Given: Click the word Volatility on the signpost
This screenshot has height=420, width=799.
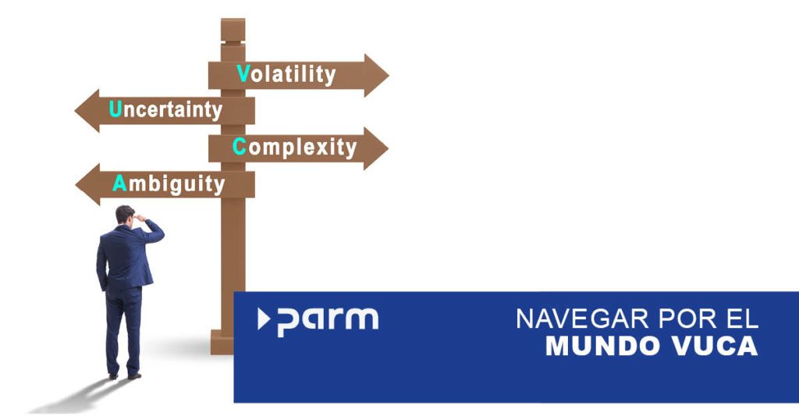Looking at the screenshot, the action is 286,74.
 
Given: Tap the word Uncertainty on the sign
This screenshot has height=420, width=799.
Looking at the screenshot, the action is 165,110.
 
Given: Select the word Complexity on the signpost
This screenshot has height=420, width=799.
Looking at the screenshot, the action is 294,148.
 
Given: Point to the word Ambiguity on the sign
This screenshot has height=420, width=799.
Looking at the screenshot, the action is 169,184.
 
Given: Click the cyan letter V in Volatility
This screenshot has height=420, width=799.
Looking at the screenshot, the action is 243,73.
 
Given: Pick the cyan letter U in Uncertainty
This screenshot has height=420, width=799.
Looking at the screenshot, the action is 115,109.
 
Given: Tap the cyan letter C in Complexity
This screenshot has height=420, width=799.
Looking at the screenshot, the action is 240,146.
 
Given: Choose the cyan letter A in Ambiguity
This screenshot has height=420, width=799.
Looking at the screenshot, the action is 119,183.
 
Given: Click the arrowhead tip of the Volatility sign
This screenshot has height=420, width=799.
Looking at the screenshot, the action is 389,76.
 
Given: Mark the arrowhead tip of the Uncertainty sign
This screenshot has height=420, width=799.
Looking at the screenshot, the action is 75,111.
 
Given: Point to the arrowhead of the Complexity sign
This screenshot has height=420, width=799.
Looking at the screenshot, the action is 375,148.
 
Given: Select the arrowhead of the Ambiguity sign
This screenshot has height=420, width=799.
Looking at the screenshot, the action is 87,184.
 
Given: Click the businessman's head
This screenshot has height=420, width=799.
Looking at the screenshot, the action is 125,215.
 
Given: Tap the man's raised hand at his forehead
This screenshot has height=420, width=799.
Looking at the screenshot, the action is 140,218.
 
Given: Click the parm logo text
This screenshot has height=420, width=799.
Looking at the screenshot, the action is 328,321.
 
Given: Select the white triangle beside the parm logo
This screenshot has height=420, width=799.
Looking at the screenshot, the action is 263,319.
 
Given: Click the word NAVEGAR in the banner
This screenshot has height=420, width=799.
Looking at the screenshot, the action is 582,319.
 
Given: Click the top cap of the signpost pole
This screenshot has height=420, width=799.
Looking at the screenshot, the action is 233,30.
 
